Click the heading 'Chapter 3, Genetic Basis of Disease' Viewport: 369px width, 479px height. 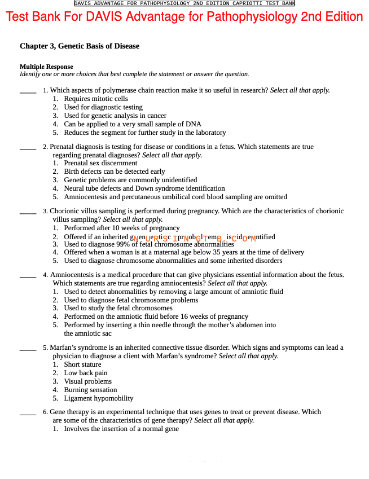(80, 46)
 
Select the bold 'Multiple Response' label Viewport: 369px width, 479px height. (46, 67)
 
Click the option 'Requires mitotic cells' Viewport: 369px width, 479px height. (96, 99)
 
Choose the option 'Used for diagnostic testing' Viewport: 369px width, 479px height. (103, 107)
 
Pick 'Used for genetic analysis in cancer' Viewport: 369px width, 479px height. (115, 116)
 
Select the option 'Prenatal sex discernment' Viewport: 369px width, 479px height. (100, 163)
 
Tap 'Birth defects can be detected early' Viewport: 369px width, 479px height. (115, 172)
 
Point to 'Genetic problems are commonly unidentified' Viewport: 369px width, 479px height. (130, 180)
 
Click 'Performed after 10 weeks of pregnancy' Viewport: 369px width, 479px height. (122, 228)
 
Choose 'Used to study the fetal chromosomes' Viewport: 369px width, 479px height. (118, 308)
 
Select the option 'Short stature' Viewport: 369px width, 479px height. (82, 364)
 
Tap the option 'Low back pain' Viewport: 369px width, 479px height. (86, 373)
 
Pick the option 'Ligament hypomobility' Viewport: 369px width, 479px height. (99, 398)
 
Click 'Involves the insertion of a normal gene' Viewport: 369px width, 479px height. (121, 429)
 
